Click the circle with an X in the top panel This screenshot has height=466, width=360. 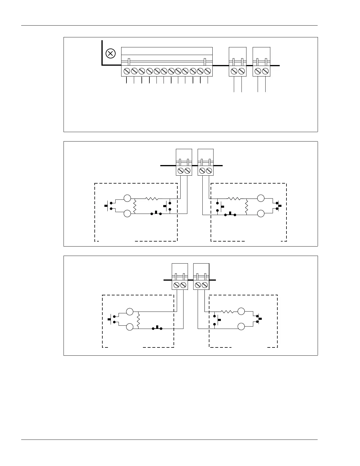111,54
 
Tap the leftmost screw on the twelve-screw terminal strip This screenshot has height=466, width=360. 127,71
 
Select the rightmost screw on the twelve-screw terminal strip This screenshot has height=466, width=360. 208,71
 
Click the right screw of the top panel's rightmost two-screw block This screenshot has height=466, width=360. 265,71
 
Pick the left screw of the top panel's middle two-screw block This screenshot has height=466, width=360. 234,71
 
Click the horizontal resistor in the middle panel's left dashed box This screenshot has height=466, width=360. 152,199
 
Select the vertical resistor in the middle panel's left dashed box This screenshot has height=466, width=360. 135,206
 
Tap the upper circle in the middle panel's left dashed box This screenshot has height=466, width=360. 127,198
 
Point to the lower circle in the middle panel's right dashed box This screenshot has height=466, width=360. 261,214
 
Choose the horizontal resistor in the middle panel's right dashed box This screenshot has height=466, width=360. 234,199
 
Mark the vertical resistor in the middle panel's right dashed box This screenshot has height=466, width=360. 246,206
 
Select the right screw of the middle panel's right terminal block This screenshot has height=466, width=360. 209,170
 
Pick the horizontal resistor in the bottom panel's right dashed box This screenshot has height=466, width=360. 227,311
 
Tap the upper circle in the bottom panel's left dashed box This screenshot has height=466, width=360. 130,312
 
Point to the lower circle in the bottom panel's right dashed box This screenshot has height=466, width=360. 241,326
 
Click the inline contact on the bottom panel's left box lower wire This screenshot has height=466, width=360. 157,328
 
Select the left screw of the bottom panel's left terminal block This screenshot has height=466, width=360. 176,285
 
